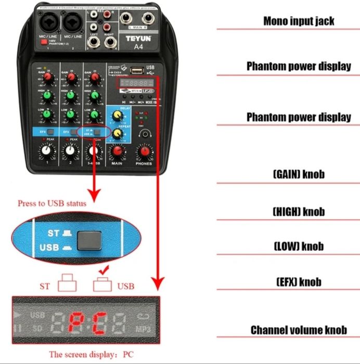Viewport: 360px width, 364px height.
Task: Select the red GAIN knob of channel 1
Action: coord(48,78)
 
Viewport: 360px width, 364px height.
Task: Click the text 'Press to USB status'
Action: coord(52,203)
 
